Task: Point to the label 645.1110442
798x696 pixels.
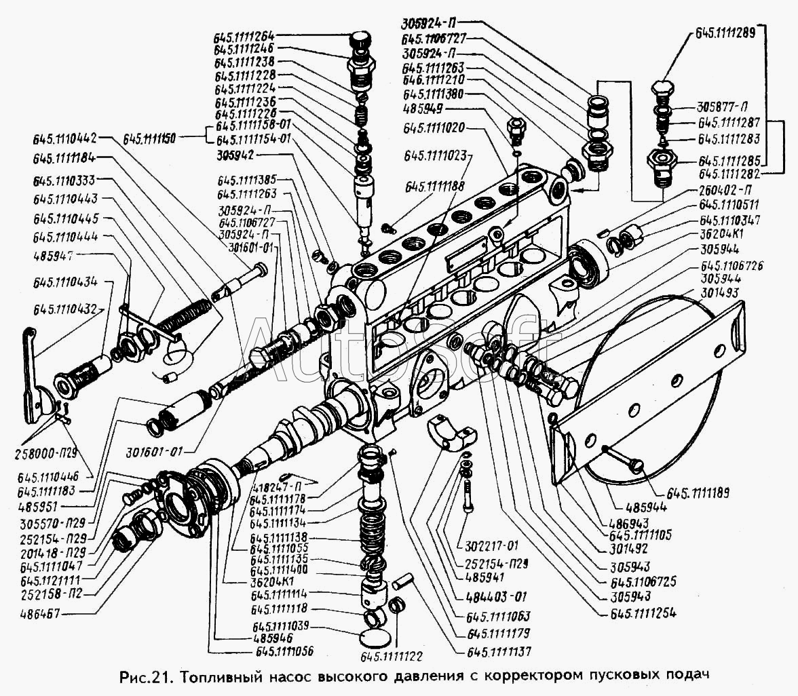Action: (65, 139)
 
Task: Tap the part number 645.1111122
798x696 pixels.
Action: (393, 657)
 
